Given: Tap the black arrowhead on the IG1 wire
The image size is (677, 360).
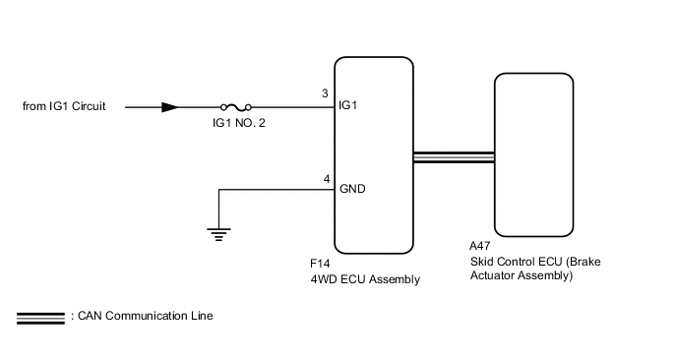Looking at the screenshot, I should (x=170, y=106).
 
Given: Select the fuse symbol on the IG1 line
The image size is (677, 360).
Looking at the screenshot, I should (x=236, y=106).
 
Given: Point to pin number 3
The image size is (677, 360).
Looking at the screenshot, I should (x=326, y=94).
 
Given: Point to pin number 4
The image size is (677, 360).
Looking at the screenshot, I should (x=326, y=179).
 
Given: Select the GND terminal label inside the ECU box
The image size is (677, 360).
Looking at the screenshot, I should (x=353, y=189).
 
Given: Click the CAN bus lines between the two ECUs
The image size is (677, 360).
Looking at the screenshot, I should (x=454, y=157).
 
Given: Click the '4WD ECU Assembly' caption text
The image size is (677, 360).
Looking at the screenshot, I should (x=364, y=279).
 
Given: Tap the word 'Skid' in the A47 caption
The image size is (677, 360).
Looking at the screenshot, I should (x=484, y=263).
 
